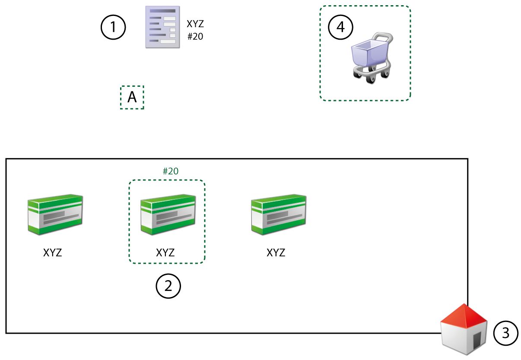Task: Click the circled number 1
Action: pos(113,27)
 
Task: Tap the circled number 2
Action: pos(168,286)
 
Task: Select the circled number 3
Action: pos(506,333)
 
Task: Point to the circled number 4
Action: pos(341,27)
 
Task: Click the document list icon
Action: pos(162,27)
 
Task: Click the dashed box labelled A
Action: pos(132,98)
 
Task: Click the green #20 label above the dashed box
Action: pos(171,171)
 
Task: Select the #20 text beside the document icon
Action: pos(195,37)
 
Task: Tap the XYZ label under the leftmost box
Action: pos(53,253)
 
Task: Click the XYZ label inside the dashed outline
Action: pos(165,253)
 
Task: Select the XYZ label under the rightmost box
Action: pos(276,253)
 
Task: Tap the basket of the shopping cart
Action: pos(367,52)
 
